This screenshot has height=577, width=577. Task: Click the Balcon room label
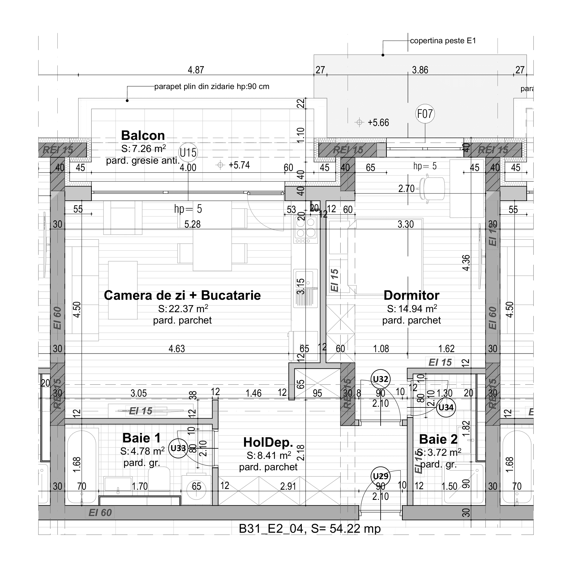click(143, 136)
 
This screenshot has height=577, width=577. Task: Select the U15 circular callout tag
click(188, 153)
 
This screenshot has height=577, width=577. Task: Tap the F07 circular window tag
click(425, 114)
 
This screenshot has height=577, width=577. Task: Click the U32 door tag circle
click(380, 379)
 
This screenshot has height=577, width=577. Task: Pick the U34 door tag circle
click(446, 407)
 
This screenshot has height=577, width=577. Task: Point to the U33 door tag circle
click(178, 448)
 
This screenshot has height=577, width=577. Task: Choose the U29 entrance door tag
click(380, 476)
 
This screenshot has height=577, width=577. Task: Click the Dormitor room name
click(411, 295)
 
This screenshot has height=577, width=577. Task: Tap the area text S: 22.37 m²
click(183, 309)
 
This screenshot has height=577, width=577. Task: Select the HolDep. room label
click(268, 442)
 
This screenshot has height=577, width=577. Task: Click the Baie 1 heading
click(142, 438)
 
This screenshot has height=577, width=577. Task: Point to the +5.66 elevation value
click(378, 123)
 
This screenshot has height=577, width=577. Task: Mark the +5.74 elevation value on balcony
click(239, 165)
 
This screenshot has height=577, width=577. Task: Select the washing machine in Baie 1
click(196, 489)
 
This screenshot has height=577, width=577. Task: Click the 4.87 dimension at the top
click(196, 70)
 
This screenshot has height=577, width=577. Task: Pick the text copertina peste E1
click(443, 41)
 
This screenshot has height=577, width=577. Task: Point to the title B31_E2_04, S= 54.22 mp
click(310, 529)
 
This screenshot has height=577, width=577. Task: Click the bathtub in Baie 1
click(81, 467)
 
